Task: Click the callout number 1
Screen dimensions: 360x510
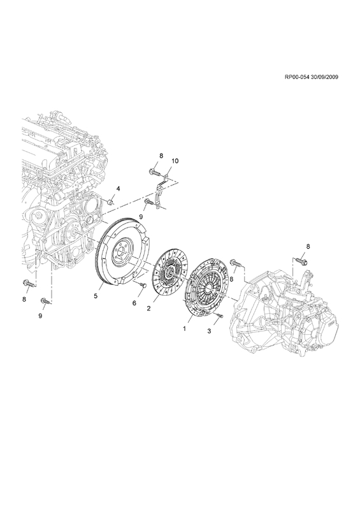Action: tap(184, 329)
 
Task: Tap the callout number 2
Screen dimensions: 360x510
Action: tap(148, 309)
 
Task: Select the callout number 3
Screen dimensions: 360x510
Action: tap(209, 331)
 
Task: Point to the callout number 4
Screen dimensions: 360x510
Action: tap(119, 188)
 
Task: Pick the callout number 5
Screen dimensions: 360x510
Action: tap(96, 296)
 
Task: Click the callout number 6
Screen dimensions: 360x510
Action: tap(134, 303)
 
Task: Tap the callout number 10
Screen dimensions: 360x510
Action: tap(175, 161)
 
